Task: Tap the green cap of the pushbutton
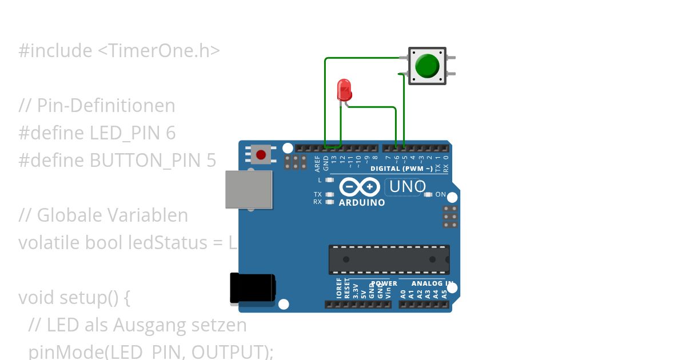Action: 426,66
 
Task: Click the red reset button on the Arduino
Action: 261,154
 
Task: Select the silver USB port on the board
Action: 249,189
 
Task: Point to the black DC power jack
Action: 252,288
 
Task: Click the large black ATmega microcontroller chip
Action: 389,259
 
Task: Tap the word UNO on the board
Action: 408,187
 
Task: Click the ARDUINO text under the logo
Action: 362,202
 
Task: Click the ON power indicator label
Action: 440,194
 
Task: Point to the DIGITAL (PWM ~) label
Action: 401,169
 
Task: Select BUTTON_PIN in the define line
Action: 143,161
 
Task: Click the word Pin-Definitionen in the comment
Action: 106,106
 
